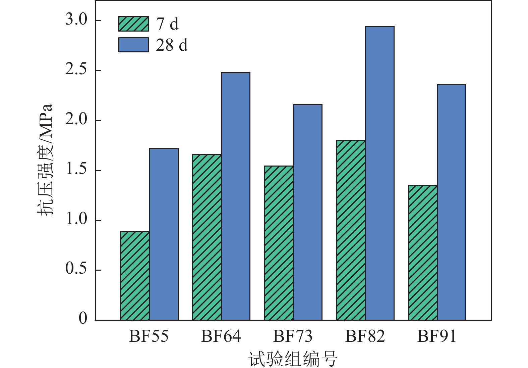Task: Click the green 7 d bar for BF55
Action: pyautogui.click(x=135, y=276)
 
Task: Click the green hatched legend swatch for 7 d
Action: pyautogui.click(x=133, y=24)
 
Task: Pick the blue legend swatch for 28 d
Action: pyautogui.click(x=133, y=45)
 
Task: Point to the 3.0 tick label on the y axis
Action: pyautogui.click(x=76, y=20)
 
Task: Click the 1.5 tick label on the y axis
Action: pyautogui.click(x=76, y=170)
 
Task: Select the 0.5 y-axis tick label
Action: pyautogui.click(x=76, y=269)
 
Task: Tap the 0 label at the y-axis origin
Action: pyautogui.click(x=83, y=318)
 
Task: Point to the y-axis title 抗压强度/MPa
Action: pyautogui.click(x=45, y=160)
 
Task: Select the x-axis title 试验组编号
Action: pyautogui.click(x=293, y=359)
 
